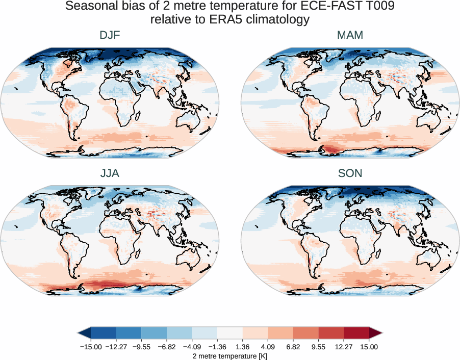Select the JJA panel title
(110, 173)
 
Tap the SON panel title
(350, 173)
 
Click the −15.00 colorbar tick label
(91, 347)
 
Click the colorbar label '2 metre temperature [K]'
(230, 355)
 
